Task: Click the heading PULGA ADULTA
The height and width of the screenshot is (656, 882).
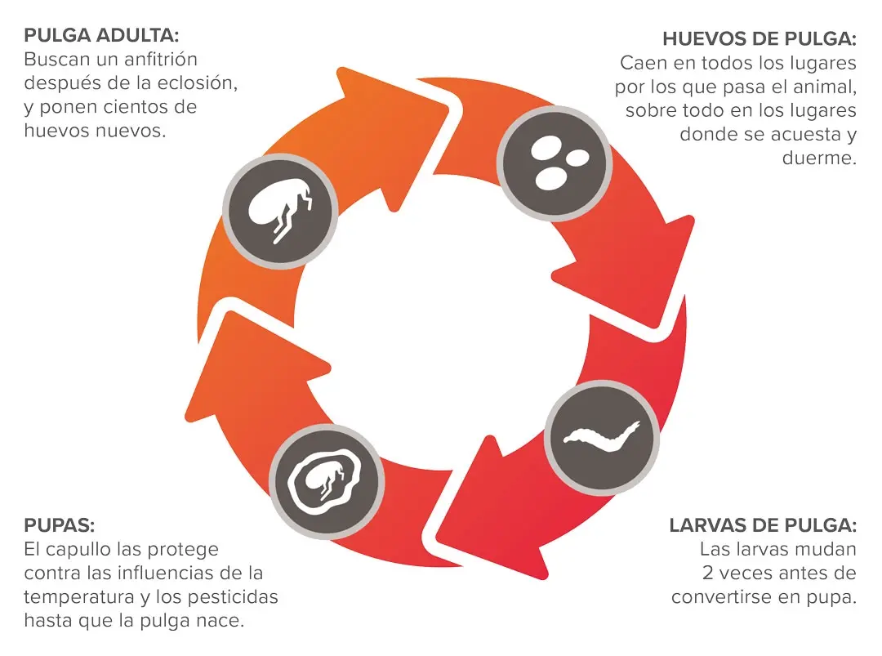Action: [101, 35]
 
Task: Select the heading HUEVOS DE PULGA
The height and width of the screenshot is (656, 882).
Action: [759, 39]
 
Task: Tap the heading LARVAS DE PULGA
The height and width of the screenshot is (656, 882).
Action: [763, 525]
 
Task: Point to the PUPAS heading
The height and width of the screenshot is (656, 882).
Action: [59, 525]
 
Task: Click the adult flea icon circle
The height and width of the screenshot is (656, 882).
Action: [280, 211]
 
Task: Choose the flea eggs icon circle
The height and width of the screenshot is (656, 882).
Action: [555, 163]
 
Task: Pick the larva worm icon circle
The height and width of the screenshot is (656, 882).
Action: [602, 438]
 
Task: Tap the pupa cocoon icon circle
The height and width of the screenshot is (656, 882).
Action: [326, 482]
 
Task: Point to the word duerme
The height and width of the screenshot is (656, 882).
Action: [820, 158]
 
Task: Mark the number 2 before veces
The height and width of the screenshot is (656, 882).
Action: [707, 573]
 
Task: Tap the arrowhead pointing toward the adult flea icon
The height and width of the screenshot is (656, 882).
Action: [253, 366]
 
